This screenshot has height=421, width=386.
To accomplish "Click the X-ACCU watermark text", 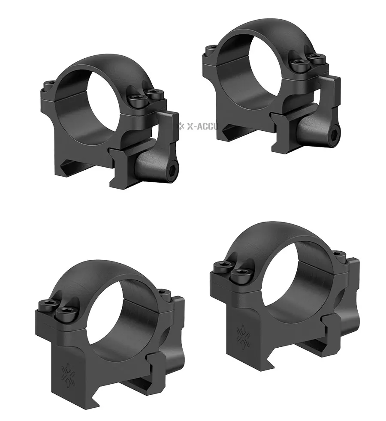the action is pyautogui.click(x=202, y=126).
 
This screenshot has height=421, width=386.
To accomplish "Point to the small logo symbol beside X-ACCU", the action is pyautogui.click(x=181, y=126).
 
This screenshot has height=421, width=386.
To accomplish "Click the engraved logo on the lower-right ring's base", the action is pyautogui.click(x=243, y=335).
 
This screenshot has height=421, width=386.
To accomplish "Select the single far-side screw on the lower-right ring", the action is pyautogui.click(x=338, y=253).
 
